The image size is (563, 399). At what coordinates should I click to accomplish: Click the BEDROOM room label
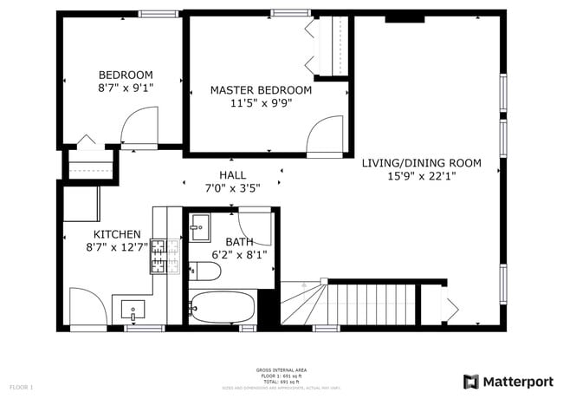click(x=126, y=75)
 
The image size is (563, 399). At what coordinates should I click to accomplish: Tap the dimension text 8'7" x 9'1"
click(x=126, y=88)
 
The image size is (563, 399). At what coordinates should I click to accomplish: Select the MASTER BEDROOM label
click(x=261, y=90)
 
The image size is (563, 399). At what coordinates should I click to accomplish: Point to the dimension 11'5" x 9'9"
click(x=261, y=103)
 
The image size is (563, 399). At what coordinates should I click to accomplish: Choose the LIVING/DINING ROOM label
click(x=421, y=162)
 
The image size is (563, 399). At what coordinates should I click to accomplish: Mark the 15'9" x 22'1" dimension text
click(x=421, y=176)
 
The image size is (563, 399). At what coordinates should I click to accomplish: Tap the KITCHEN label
click(x=117, y=234)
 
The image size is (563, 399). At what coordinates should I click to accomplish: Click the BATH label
click(x=239, y=242)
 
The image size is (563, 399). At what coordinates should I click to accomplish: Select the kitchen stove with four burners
click(x=160, y=257)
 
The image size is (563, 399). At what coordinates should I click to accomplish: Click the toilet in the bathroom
click(x=204, y=272)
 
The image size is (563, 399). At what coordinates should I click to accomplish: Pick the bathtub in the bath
click(x=223, y=307)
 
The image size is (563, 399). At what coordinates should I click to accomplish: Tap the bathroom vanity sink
click(x=200, y=227)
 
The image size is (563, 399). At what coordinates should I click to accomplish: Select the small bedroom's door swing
click(x=136, y=132)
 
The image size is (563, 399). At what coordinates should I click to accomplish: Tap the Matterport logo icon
click(x=471, y=382)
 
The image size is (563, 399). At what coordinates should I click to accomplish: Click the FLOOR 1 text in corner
click(x=21, y=386)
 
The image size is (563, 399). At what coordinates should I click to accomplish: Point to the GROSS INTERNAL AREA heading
click(x=281, y=370)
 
